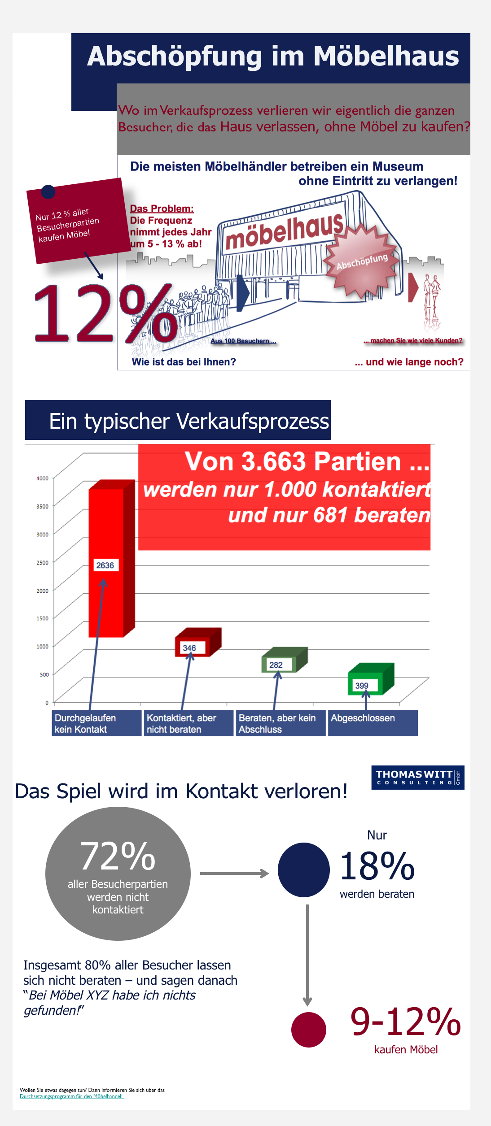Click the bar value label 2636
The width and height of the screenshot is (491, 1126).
click(x=105, y=565)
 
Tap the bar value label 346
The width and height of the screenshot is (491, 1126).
click(x=189, y=648)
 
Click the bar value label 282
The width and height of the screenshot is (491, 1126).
click(x=276, y=665)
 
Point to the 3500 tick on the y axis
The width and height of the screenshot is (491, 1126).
click(x=43, y=506)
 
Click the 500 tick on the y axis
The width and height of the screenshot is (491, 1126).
click(x=44, y=674)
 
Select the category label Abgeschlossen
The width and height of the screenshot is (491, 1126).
click(x=363, y=718)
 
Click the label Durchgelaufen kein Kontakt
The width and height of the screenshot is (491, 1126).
click(x=85, y=723)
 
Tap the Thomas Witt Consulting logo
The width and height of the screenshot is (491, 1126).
click(x=417, y=777)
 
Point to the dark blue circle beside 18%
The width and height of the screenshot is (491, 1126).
click(x=304, y=870)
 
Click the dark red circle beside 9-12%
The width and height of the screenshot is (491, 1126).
click(x=308, y=1029)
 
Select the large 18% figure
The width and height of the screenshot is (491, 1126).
click(x=377, y=866)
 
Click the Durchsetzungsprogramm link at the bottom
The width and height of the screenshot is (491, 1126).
click(x=71, y=1096)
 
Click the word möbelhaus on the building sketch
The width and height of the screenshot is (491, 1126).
click(x=284, y=232)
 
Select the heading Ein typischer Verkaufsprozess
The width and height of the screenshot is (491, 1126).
click(x=189, y=421)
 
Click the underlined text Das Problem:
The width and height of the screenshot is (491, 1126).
click(x=162, y=209)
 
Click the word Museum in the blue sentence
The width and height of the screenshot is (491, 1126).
click(x=398, y=166)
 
